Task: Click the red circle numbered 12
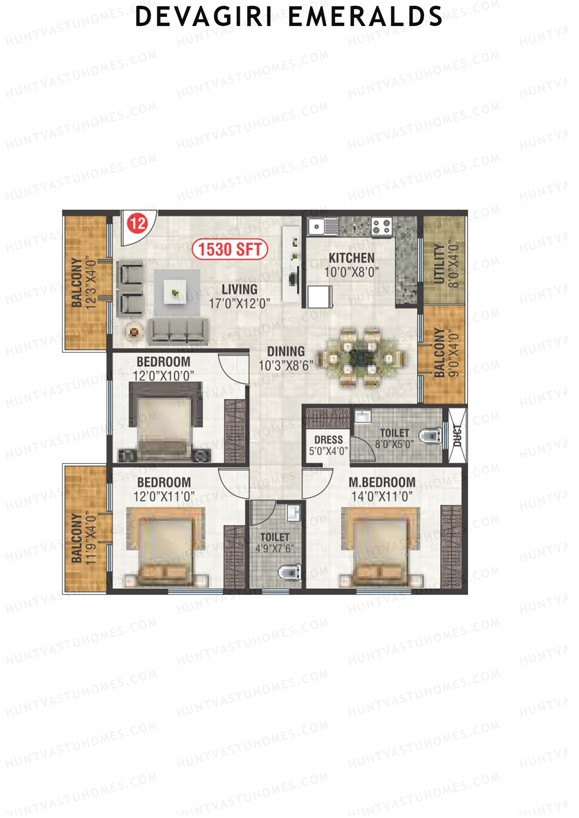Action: click(137, 223)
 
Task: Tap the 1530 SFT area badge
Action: click(230, 250)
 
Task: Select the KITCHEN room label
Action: click(351, 258)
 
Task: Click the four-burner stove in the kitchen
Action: click(381, 227)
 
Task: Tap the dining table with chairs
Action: click(359, 357)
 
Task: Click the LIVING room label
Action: click(239, 289)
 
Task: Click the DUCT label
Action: click(457, 435)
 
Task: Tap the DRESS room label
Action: click(328, 440)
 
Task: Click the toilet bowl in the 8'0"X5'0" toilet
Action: click(429, 435)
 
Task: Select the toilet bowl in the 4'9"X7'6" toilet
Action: click(288, 572)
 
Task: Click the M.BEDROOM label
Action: click(382, 483)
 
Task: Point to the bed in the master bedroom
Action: click(381, 547)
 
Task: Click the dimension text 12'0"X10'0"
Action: click(163, 375)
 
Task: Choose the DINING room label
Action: click(286, 351)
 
